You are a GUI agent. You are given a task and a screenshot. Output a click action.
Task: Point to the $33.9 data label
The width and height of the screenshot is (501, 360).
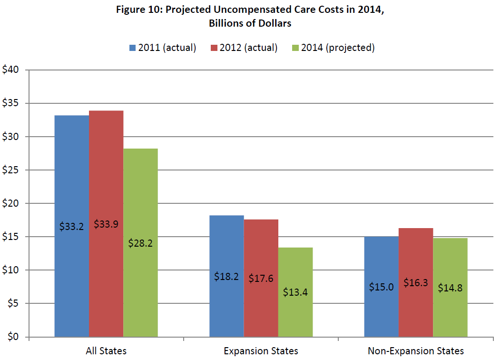point(106,223)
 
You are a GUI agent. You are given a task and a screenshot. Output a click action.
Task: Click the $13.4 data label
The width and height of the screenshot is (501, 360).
point(295,292)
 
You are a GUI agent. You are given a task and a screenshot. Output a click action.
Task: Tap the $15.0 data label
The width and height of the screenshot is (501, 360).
point(381,287)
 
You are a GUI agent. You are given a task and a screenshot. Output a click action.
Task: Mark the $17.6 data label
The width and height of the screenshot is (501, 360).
point(261,279)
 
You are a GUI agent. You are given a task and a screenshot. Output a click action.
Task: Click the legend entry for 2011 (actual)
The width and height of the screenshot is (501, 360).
point(162,48)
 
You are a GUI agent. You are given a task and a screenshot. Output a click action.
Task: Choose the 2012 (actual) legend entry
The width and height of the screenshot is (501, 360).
point(243,48)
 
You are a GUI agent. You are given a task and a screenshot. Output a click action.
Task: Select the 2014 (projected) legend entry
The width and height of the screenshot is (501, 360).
point(333,48)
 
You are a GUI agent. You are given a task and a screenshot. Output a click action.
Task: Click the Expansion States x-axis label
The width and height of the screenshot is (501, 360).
point(261,351)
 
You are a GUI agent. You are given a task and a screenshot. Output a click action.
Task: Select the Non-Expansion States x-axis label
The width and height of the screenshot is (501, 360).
point(415,351)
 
